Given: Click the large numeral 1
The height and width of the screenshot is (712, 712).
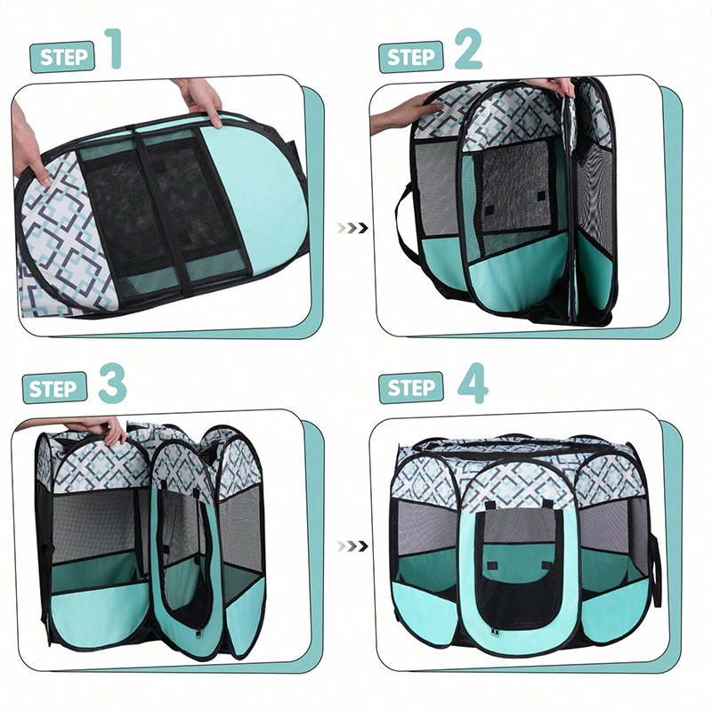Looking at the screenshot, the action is click(x=113, y=49).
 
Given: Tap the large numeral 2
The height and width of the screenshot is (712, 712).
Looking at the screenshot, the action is click(x=468, y=49).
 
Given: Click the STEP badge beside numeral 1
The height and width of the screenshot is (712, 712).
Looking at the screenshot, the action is click(x=62, y=57).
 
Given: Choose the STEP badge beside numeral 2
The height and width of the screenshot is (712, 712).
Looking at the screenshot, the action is click(x=411, y=57).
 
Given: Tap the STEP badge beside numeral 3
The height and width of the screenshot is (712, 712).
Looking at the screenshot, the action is click(x=55, y=388).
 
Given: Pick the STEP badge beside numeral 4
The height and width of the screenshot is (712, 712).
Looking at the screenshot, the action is click(x=411, y=388).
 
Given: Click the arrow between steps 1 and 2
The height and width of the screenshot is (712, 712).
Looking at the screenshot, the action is click(x=352, y=228).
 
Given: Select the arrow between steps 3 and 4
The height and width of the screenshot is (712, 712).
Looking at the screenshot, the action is click(x=352, y=546).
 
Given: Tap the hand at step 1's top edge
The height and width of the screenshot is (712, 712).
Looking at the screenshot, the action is click(x=198, y=101).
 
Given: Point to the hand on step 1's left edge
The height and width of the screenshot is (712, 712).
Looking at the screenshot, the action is click(x=28, y=145).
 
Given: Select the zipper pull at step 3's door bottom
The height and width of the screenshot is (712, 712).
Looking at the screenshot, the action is click(x=198, y=633).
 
